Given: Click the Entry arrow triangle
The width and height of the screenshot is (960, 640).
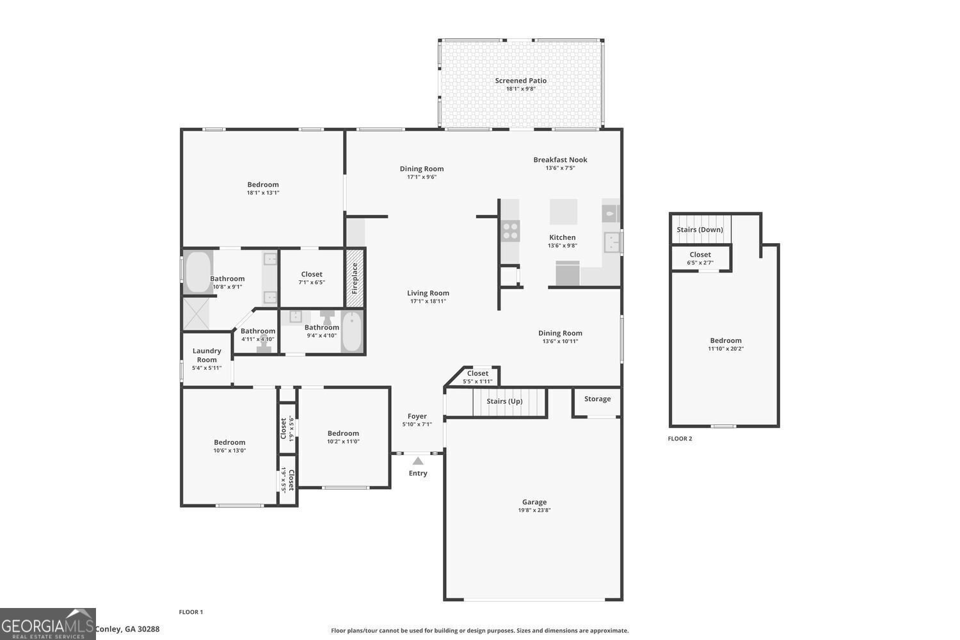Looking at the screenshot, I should pos(418,461).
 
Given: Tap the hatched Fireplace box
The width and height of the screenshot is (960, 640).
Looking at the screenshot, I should pos(355,277).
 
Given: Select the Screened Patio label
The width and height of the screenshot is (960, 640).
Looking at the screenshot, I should pos(520,81).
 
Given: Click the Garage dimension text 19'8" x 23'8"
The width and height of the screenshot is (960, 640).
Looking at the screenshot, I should pos(534,511).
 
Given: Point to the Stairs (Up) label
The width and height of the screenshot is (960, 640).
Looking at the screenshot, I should pos(504,401).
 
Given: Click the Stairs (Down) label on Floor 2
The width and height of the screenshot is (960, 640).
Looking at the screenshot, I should pos(700,230).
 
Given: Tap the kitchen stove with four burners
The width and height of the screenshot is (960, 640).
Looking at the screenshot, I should pos(510,231).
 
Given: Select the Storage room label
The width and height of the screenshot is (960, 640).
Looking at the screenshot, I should pos(597,399).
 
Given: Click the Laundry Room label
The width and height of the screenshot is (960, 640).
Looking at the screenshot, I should pos(207,355).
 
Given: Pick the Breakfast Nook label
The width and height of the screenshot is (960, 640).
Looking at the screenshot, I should pos(560,160).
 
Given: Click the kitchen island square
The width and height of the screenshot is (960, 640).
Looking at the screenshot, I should pos(563,212).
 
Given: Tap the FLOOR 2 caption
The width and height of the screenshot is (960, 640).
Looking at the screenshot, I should pos(680,438).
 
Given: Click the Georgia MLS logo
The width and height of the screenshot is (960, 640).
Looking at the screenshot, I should pos(47,624).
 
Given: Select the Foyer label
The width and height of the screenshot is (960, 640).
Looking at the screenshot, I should pos(417,416).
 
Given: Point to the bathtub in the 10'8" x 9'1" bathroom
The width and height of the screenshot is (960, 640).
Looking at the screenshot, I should pos(198,272).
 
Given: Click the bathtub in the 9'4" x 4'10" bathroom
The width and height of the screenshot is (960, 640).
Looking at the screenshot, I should pos(351,332).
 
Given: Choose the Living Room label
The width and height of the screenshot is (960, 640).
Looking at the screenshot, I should pos(428,293).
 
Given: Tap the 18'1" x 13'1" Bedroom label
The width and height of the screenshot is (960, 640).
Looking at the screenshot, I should pos(263,184).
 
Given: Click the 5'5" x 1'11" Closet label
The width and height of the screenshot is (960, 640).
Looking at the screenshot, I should pos(477,374).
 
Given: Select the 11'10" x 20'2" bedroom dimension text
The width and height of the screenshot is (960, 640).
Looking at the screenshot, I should pos(725,349).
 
